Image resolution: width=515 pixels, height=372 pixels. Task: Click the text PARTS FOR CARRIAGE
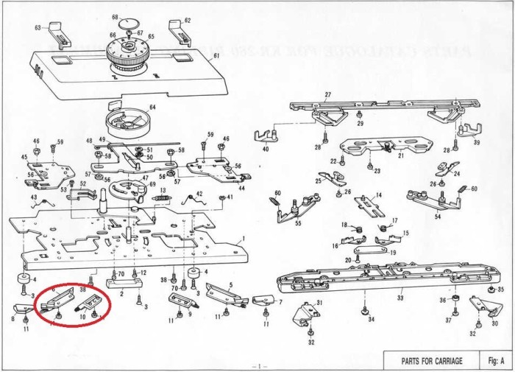click(x=431, y=361)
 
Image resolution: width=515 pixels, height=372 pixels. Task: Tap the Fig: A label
click(x=494, y=361)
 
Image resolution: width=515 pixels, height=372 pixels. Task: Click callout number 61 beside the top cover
click(x=216, y=56)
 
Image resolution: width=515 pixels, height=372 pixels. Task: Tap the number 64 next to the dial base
click(x=153, y=108)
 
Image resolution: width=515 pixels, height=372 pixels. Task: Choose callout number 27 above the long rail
click(x=328, y=94)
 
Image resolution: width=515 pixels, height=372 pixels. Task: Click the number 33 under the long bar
click(x=400, y=298)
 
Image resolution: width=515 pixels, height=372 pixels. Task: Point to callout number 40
click(x=266, y=150)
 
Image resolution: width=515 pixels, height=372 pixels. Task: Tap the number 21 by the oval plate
click(x=402, y=156)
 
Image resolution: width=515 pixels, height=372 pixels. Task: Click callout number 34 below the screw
click(x=372, y=320)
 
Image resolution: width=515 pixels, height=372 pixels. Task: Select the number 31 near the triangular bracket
click(x=319, y=303)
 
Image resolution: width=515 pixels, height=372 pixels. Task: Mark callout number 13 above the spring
click(x=163, y=190)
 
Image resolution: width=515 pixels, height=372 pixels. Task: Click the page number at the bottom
click(x=257, y=366)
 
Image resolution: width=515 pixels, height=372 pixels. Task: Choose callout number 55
click(x=298, y=222)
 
